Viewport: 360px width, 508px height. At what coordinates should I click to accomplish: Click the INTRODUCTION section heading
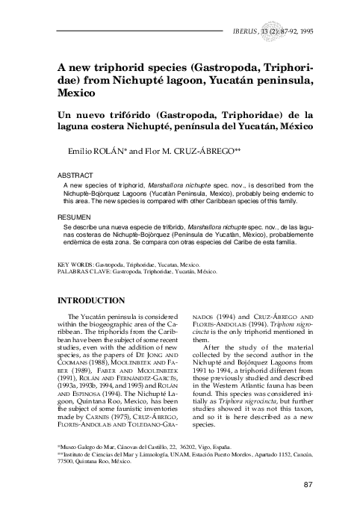[90, 301]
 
